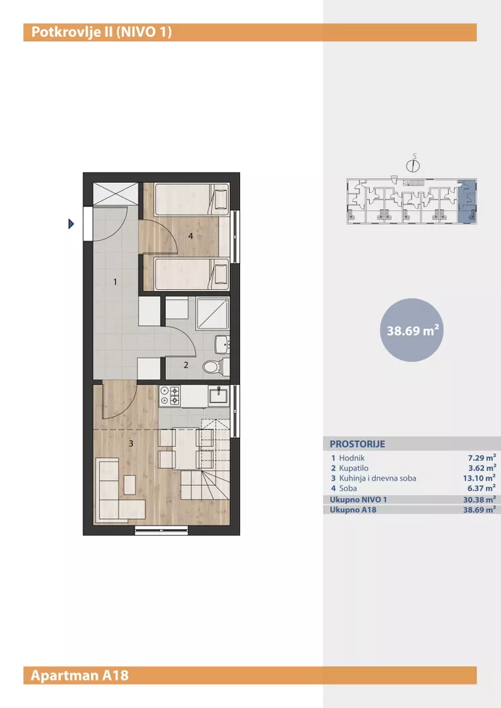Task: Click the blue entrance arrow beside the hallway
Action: click(71, 224)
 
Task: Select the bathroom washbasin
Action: click(222, 345)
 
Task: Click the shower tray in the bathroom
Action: click(212, 313)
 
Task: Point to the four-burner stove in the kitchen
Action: click(170, 396)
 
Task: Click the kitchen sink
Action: click(219, 396)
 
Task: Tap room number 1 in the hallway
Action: click(115, 282)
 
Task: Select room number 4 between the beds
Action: click(191, 236)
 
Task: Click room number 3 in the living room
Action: click(131, 443)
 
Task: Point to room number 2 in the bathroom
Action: click(186, 365)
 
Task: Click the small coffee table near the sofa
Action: click(130, 484)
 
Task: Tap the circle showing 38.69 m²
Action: click(412, 330)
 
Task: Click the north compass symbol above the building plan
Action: click(413, 165)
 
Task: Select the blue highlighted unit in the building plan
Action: click(467, 201)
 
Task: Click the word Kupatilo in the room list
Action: click(353, 468)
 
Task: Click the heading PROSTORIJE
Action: click(357, 444)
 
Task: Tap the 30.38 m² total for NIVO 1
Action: click(479, 500)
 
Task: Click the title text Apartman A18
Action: click(80, 675)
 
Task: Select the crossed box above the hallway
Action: click(115, 193)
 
